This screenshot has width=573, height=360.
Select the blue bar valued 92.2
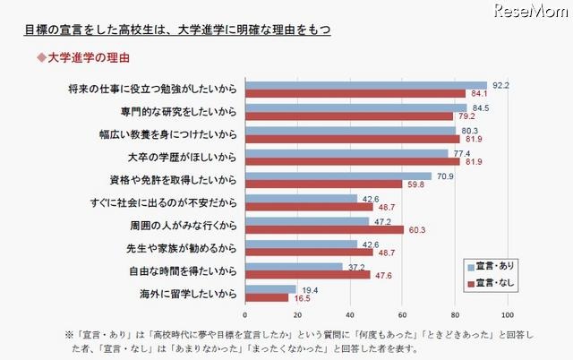[x=365, y=85]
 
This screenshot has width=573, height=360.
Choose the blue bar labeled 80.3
[x=350, y=130]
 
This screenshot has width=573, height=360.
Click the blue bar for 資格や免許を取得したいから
[x=338, y=176]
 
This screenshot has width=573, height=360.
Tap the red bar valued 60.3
[x=324, y=229]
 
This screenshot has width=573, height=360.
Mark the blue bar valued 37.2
[x=294, y=266]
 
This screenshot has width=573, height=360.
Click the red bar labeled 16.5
[x=267, y=297]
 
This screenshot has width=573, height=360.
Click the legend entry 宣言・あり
[x=494, y=267]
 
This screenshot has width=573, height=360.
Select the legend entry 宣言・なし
[x=494, y=283]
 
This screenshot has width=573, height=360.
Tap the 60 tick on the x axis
[x=402, y=315]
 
